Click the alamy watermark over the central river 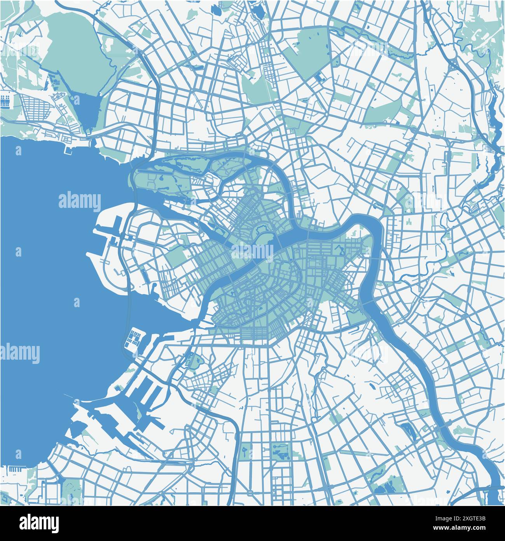click(253, 251)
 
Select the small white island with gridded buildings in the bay click(134, 338)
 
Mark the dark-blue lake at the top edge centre click(258, 11)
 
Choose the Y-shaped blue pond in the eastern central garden click(342, 253)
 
